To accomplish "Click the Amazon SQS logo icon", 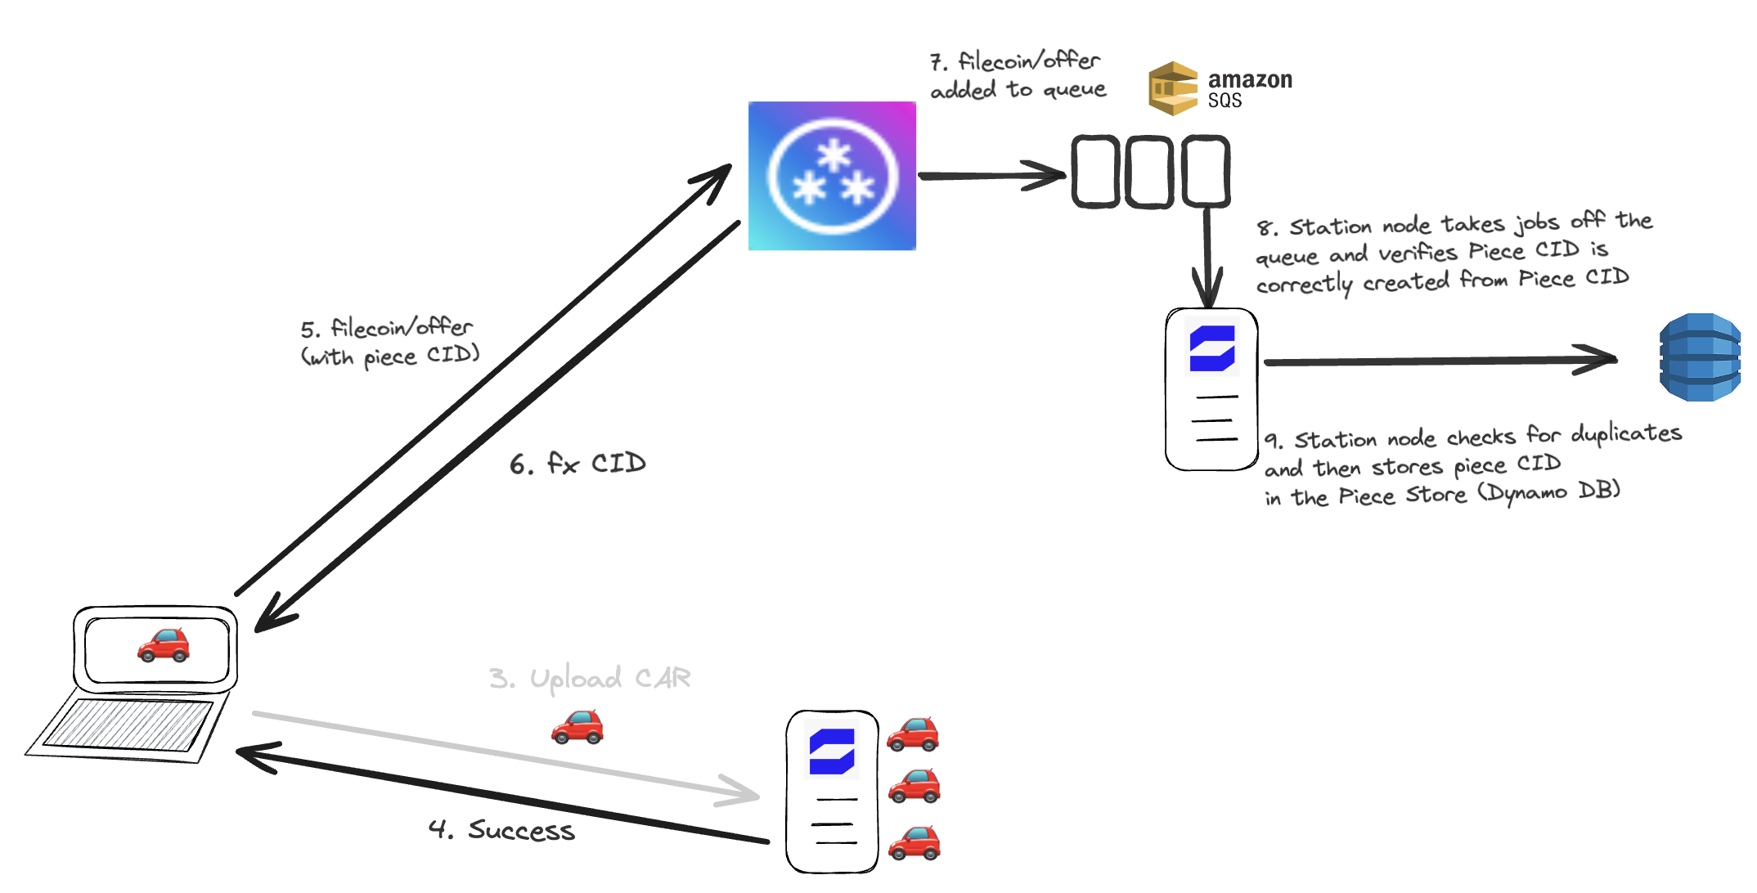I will pyautogui.click(x=1173, y=88).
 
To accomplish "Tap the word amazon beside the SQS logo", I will pyautogui.click(x=1250, y=79).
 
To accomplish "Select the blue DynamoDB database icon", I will pyautogui.click(x=1699, y=357).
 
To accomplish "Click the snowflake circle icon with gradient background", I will pyautogui.click(x=832, y=176).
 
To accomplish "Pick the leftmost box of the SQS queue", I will pyautogui.click(x=1095, y=172).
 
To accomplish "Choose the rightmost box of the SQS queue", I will pyautogui.click(x=1205, y=172).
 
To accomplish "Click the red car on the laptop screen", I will pyautogui.click(x=164, y=645).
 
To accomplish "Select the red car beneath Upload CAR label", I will pyautogui.click(x=577, y=727).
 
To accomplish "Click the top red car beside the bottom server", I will pyautogui.click(x=913, y=734).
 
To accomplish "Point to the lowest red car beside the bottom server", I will pyautogui.click(x=914, y=843).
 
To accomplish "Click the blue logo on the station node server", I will pyautogui.click(x=1212, y=348).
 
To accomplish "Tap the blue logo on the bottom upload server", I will pyautogui.click(x=832, y=752).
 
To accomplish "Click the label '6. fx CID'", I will pyautogui.click(x=577, y=464).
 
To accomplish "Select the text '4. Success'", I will pyautogui.click(x=501, y=830).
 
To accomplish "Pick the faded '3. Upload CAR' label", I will pyautogui.click(x=590, y=679).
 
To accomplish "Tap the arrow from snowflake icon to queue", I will pyautogui.click(x=990, y=175).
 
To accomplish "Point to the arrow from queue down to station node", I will pyautogui.click(x=1207, y=254).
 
